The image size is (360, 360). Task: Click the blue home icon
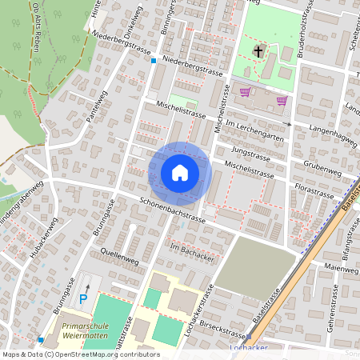(180, 173)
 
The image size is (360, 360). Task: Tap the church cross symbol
(258, 52)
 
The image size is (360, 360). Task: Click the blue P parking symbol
(83, 299)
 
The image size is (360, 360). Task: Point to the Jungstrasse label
(246, 150)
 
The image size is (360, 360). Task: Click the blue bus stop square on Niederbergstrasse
(153, 60)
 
